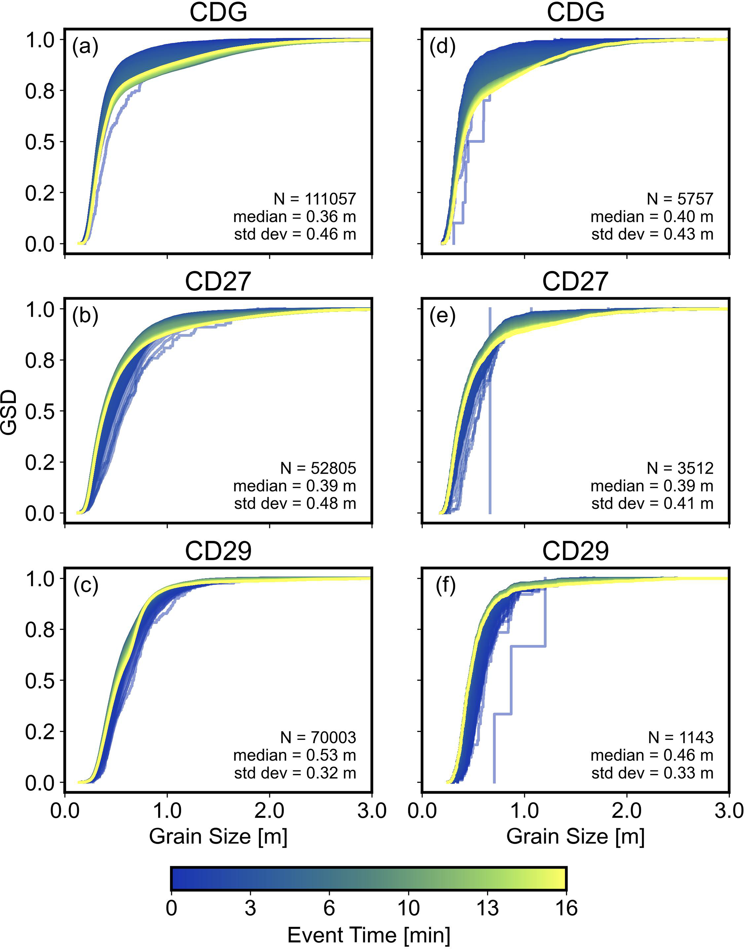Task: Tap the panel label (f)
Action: pos(445,585)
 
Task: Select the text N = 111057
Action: pos(315,199)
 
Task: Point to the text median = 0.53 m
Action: pos(294,755)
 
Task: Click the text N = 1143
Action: pos(680,737)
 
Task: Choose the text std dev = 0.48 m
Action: pos(295,503)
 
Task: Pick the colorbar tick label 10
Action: pos(408,908)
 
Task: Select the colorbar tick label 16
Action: pos(566,908)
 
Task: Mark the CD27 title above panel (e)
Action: pos(575,282)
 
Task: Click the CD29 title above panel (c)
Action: pos(218,551)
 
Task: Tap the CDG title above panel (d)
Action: pos(575,12)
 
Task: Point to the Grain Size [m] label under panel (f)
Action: pos(575,836)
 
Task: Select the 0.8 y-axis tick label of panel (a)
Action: pos(40,91)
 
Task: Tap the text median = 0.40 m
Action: pos(652,216)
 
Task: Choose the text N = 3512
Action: pos(680,468)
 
